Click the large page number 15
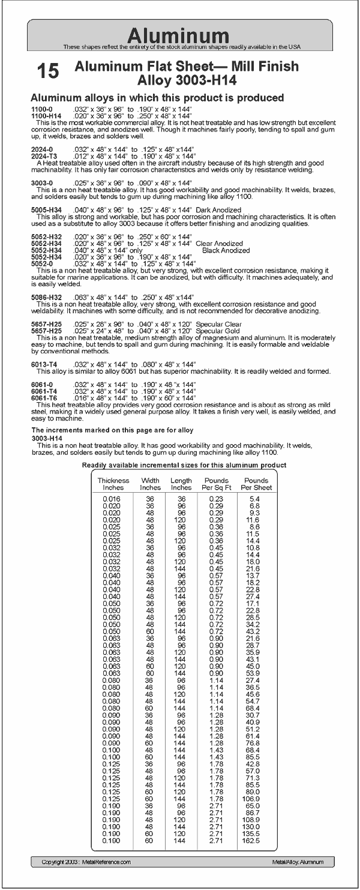(49, 71)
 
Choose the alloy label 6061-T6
(44, 398)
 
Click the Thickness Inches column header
(113, 484)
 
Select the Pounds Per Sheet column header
(256, 484)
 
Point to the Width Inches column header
(150, 484)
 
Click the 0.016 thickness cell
(112, 499)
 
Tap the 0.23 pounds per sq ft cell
(217, 499)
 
